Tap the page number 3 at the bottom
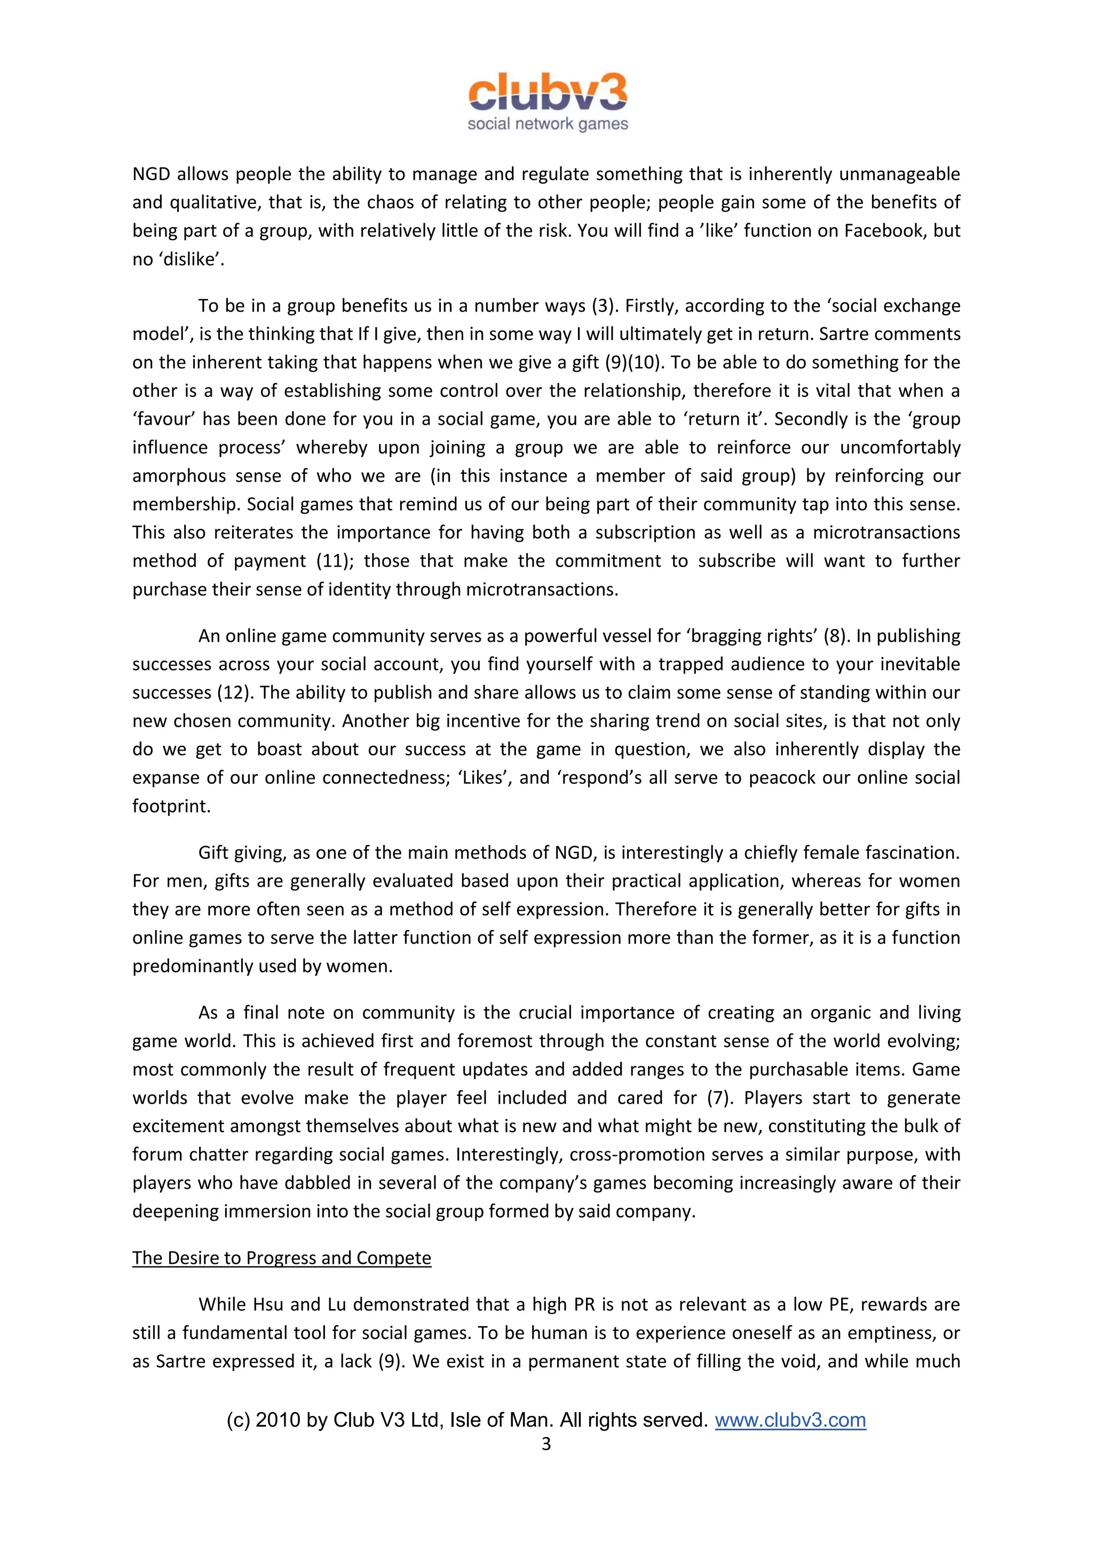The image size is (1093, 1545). (546, 1444)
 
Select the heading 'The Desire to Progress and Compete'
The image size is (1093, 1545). (281, 1257)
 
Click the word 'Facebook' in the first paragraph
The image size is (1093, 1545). (884, 231)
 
